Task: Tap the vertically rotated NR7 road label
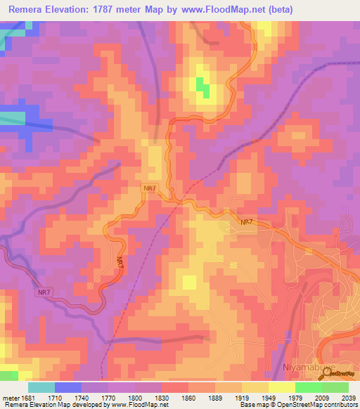pos(120,261)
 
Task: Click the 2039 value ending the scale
pos(348,397)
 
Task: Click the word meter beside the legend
pos(11,397)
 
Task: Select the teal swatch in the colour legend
pos(41,387)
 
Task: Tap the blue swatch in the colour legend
pos(68,387)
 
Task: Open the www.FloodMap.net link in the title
pos(219,9)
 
